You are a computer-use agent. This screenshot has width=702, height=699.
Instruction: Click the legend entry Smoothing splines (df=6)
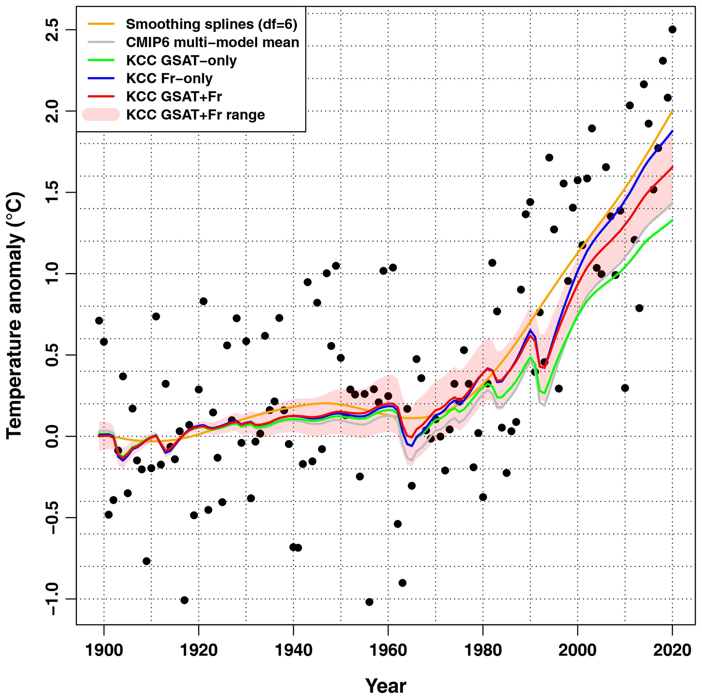point(212,24)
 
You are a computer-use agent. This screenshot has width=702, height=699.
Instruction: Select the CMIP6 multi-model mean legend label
point(213,42)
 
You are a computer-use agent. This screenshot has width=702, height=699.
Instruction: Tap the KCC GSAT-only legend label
point(181,61)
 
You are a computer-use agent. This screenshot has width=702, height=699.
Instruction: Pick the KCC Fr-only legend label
point(169,78)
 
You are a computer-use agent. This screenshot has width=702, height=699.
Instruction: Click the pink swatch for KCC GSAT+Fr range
point(101,115)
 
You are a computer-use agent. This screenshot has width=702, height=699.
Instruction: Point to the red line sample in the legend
point(101,97)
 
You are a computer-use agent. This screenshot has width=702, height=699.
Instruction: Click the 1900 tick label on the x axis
point(104,650)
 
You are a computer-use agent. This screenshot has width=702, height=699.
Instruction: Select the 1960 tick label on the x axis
point(388,650)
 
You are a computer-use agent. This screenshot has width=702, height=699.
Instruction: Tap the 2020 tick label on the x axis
point(672,650)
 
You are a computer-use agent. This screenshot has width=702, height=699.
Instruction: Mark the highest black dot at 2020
point(672,30)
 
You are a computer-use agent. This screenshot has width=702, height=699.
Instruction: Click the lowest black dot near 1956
point(369,602)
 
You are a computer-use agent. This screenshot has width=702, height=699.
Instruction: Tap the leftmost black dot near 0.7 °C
point(99,321)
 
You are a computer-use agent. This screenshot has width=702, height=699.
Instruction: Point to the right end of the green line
point(672,220)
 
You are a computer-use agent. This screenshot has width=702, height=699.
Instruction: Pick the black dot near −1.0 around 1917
point(184,600)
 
